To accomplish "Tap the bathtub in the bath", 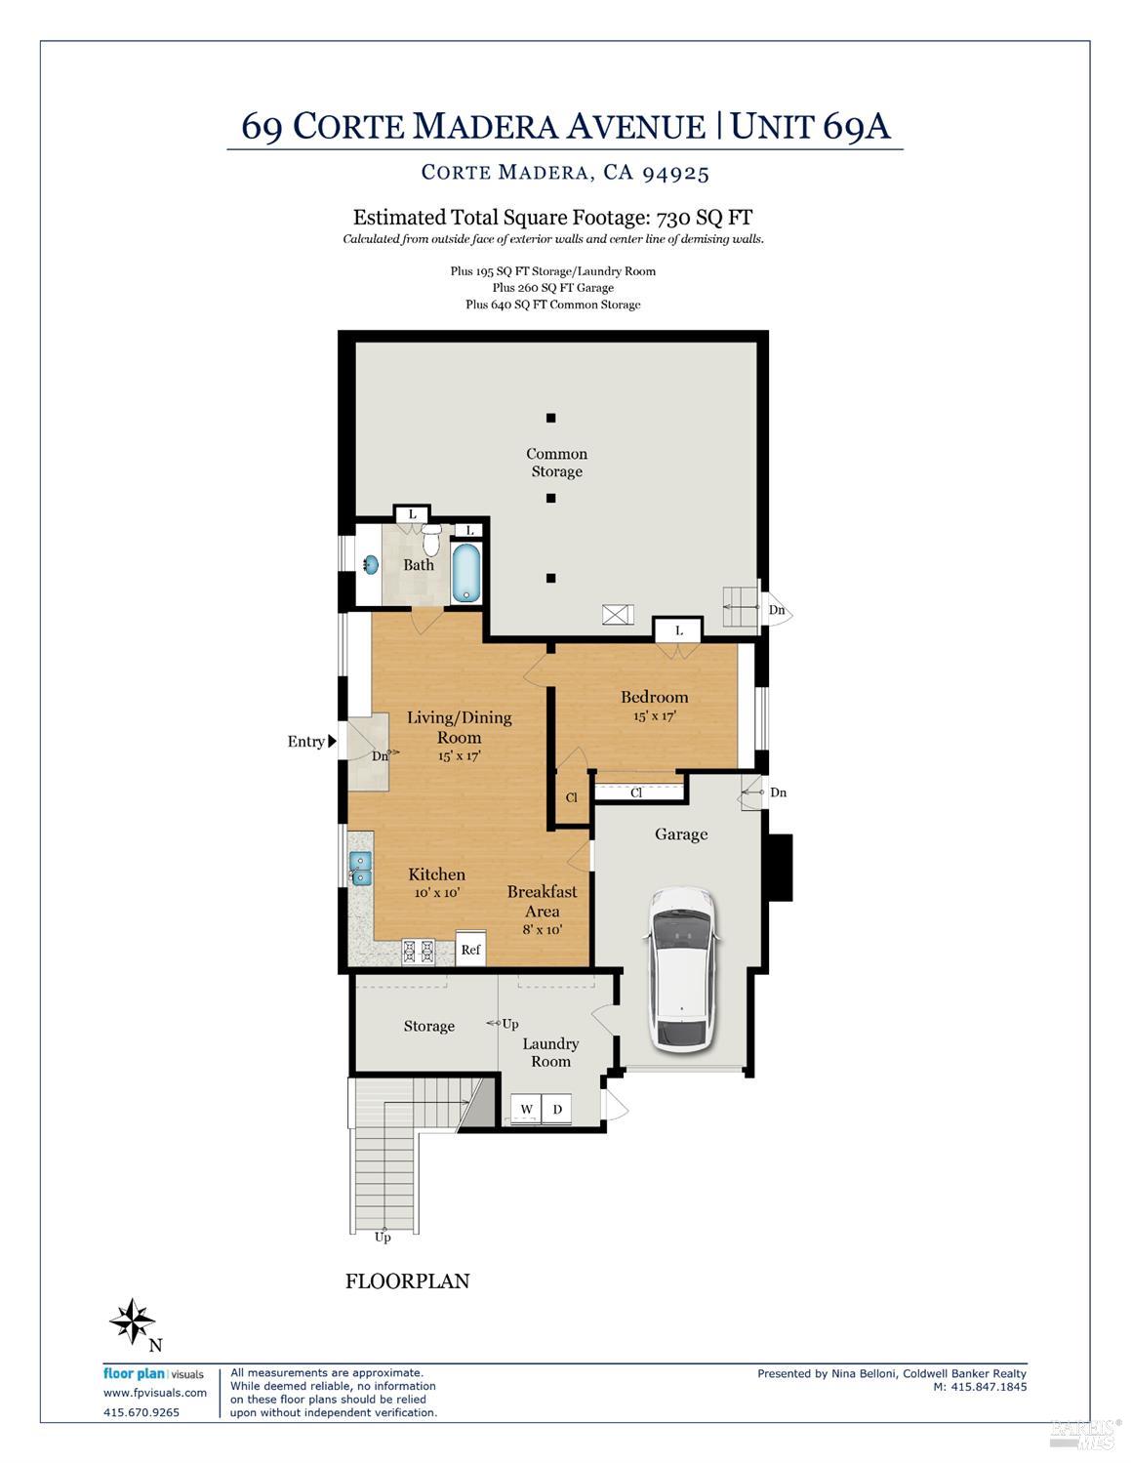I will click(465, 573).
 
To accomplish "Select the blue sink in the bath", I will click(371, 564).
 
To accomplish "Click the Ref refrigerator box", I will click(470, 949).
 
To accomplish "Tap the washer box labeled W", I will click(526, 1110).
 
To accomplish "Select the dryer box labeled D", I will click(557, 1110).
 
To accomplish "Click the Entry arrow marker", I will click(332, 742).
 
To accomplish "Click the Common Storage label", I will click(556, 463).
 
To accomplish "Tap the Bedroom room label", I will click(654, 697).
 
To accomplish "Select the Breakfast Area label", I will click(542, 901).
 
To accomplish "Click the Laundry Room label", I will click(550, 1052).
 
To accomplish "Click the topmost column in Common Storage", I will click(550, 418).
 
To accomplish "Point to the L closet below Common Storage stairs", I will click(678, 630).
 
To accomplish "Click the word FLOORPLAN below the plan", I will click(407, 1280).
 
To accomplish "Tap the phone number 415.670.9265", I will click(141, 1411).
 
